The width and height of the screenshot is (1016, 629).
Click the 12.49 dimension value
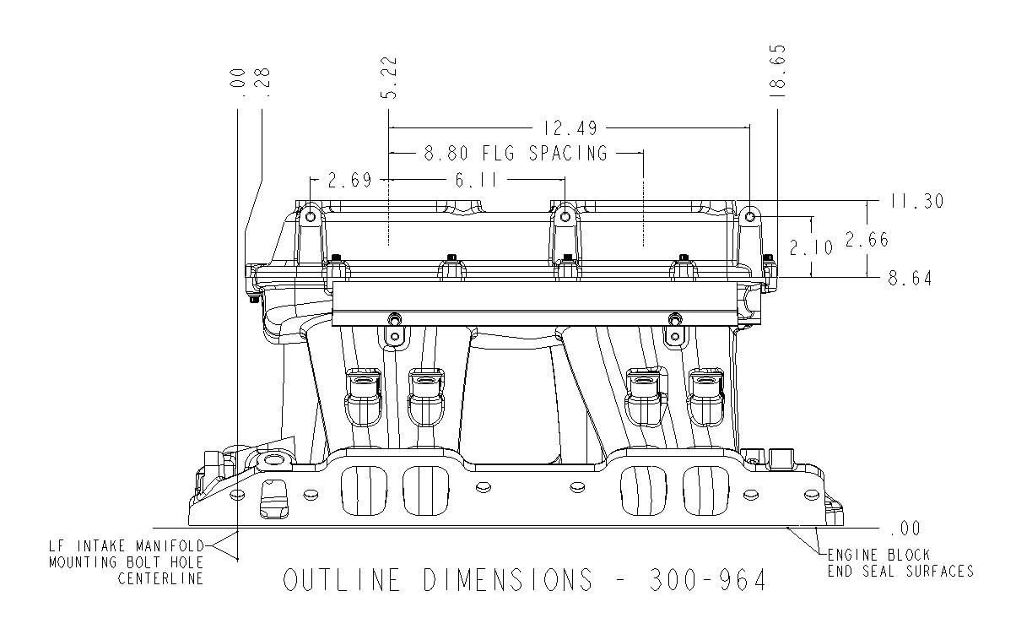coord(570,128)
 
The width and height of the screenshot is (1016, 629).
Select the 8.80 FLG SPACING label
coord(516,154)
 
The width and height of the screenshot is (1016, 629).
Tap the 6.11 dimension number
coord(476,181)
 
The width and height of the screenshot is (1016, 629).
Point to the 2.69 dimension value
coord(349,181)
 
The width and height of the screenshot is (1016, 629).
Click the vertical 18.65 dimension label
coord(777,70)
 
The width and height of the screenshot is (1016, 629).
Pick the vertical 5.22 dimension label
coord(389,77)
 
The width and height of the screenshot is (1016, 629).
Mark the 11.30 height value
coord(917,201)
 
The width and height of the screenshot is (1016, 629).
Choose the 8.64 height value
coord(910,278)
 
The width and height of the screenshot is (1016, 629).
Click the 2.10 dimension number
coord(812,247)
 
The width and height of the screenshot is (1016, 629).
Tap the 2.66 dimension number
coord(867,240)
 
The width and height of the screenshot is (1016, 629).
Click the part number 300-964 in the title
coord(708,579)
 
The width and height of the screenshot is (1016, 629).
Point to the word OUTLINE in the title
coord(342,579)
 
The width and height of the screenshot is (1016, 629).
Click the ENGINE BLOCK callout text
coord(878,555)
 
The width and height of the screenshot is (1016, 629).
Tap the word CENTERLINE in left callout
coord(160,578)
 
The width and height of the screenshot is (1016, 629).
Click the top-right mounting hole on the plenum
coord(750,217)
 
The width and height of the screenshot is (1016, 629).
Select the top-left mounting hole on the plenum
coord(311,217)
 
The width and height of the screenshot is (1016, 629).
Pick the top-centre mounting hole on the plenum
coord(565,217)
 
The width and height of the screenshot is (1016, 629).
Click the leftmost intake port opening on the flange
coord(364,491)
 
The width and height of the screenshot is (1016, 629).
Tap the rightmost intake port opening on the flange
coord(705,491)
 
